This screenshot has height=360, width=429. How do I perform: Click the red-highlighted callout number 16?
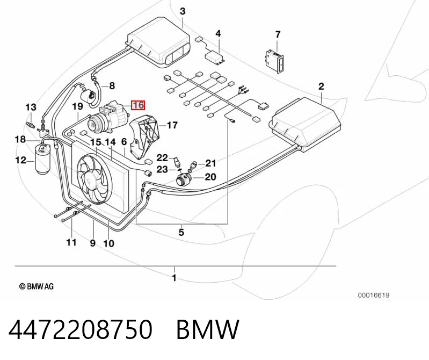click(x=138, y=105)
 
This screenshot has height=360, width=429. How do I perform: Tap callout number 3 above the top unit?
click(x=183, y=11)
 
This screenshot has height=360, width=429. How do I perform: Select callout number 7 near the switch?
click(x=278, y=34)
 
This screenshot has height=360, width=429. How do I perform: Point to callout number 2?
click(x=321, y=86)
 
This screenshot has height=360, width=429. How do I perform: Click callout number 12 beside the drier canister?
click(x=21, y=160)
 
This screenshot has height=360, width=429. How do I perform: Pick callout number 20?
click(x=210, y=177)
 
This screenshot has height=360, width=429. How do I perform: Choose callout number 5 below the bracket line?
click(x=181, y=233)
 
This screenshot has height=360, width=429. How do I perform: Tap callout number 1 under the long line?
click(x=174, y=278)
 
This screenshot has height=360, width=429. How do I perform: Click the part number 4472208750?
click(x=80, y=329)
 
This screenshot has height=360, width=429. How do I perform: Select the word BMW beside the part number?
click(x=208, y=329)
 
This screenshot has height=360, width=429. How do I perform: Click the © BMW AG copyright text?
click(x=37, y=286)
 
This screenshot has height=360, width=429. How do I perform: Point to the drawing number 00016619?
click(x=374, y=295)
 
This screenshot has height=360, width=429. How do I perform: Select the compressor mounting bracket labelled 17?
click(x=144, y=138)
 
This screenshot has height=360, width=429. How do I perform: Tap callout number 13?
click(x=31, y=107)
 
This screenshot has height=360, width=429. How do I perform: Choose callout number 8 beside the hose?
click(x=112, y=86)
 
